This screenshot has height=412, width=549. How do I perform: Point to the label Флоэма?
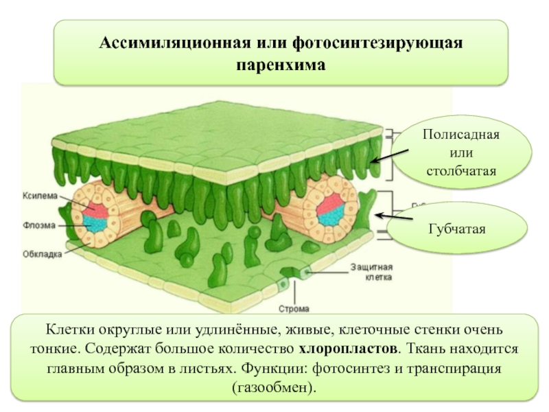38,222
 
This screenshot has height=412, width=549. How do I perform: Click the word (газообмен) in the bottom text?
274,387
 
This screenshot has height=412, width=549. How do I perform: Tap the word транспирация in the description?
464,368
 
